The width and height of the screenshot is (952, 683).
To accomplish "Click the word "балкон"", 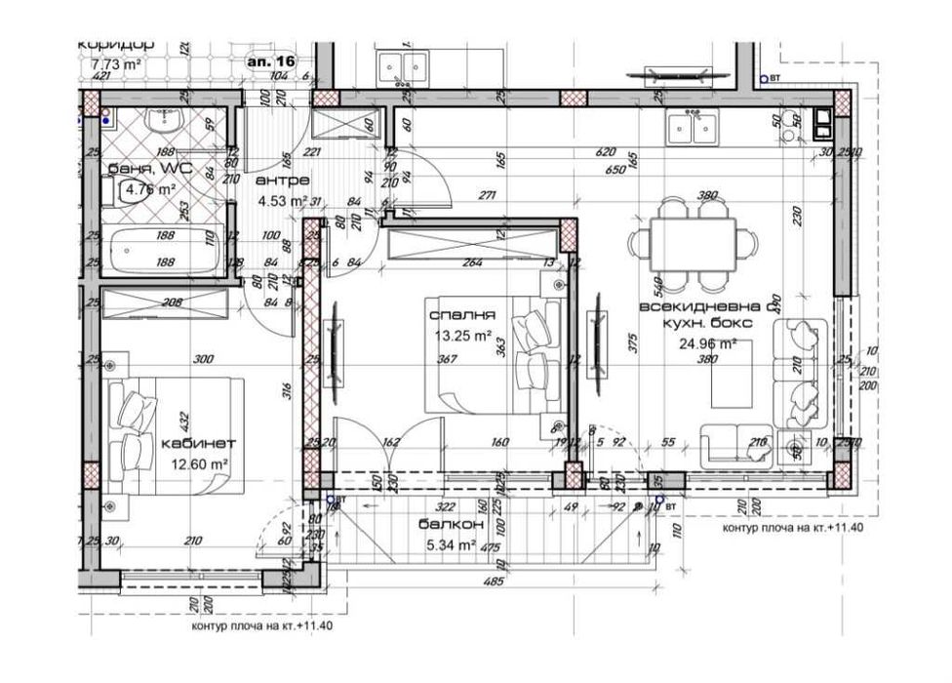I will pyautogui.click(x=447, y=524).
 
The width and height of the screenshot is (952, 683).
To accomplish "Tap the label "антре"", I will pyautogui.click(x=282, y=181).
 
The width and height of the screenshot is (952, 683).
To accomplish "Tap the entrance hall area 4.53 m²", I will pyautogui.click(x=282, y=202).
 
